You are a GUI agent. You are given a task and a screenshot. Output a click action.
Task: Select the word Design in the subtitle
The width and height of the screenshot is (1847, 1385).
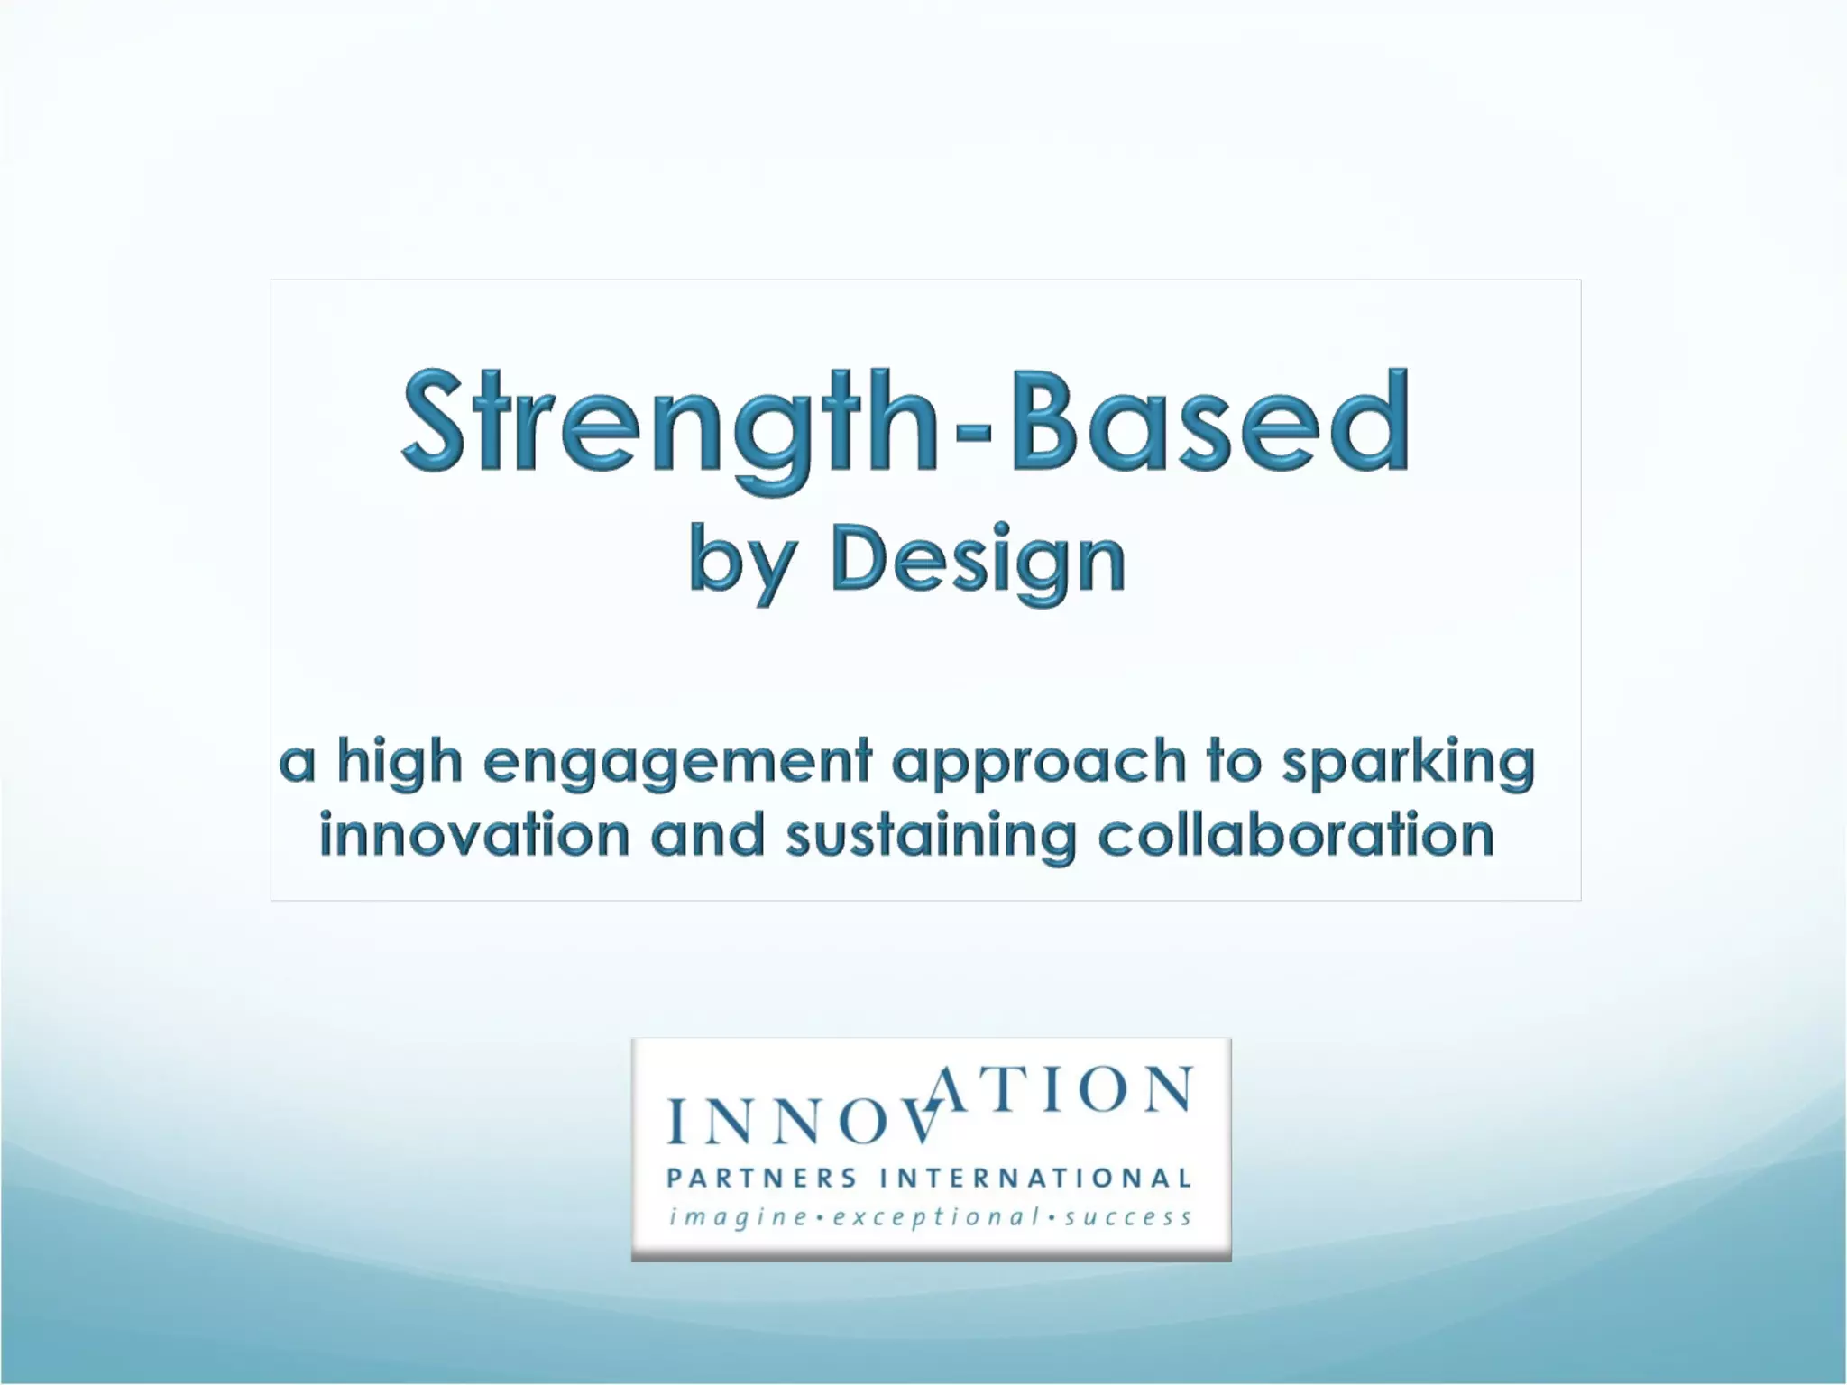pos(978,561)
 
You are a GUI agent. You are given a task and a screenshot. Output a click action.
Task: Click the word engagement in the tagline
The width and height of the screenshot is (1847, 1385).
pos(677,763)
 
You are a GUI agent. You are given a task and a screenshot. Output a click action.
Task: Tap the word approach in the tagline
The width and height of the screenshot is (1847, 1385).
pos(1038,763)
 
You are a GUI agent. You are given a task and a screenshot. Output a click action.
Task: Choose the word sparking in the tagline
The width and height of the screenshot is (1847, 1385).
pos(1408,763)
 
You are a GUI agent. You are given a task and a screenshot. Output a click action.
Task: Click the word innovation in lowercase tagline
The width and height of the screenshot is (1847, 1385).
pos(474,835)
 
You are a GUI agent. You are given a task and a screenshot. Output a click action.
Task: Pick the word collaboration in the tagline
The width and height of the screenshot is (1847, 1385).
pos(1296,835)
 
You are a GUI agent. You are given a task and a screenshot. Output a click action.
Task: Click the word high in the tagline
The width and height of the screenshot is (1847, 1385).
pos(400,761)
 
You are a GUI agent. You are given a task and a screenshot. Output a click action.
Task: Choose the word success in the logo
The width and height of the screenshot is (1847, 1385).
pos(1128,1218)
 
